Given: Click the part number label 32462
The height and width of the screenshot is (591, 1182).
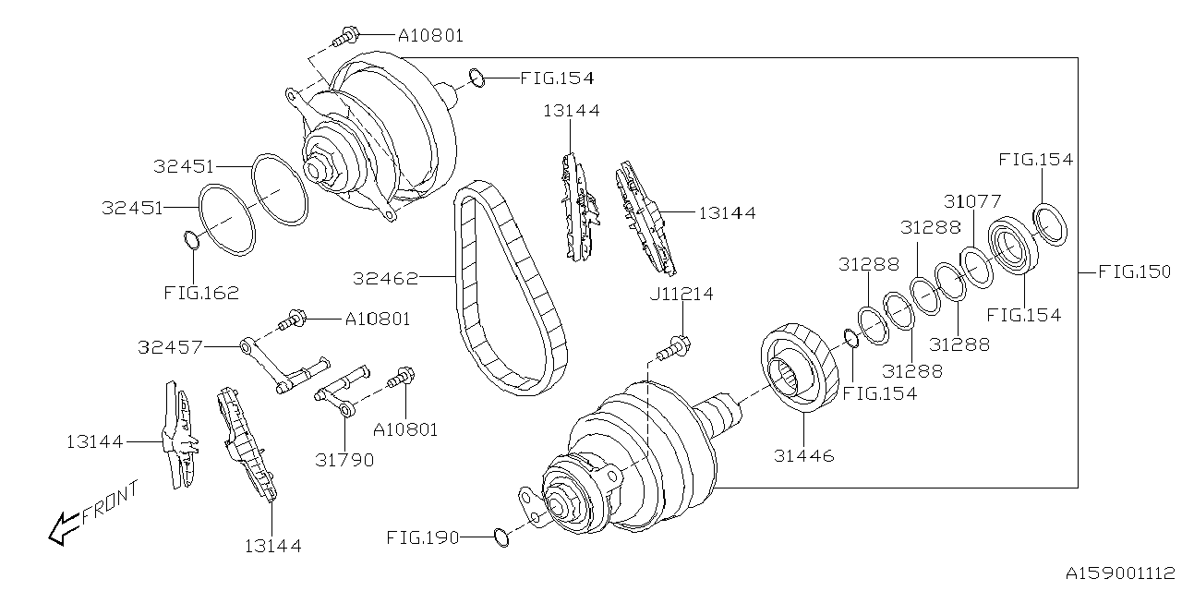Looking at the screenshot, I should click(x=385, y=277).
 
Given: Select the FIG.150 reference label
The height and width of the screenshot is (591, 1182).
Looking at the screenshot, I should click(x=1134, y=272).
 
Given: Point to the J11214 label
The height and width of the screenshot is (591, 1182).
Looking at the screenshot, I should click(x=681, y=295).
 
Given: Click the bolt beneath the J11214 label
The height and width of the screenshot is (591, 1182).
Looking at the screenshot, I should click(x=675, y=349).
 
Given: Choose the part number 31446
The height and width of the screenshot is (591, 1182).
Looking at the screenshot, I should click(x=802, y=455).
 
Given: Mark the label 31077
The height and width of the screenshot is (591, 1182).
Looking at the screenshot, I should click(x=971, y=200).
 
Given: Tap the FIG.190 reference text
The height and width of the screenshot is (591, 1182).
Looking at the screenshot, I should click(x=423, y=537).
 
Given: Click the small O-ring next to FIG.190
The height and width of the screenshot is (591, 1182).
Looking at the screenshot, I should click(x=500, y=537).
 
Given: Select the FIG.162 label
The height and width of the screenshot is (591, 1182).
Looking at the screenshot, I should click(x=201, y=294).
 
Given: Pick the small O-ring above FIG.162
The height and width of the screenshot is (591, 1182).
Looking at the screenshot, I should click(x=191, y=241).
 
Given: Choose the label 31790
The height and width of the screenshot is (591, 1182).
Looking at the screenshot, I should click(x=344, y=459).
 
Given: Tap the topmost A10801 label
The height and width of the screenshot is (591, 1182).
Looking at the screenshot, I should click(x=430, y=36).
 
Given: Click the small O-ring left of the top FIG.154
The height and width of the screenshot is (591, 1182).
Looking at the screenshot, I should click(x=476, y=78).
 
